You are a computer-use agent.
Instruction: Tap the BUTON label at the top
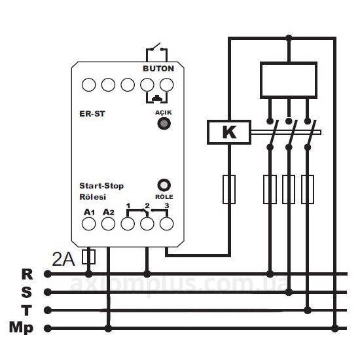coord(158,69)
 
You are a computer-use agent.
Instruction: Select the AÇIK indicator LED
coord(164,124)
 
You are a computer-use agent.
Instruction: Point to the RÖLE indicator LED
coord(164,185)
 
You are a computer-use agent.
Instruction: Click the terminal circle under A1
coord(88,224)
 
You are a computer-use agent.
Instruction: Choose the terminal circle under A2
coord(108,224)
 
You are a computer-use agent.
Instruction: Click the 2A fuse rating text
coord(63,259)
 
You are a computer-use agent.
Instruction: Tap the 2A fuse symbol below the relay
coord(88,257)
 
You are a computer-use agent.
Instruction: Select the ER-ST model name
coord(92,114)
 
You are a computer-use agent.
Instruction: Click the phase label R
coord(27,274)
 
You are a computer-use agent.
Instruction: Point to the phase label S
coord(27,292)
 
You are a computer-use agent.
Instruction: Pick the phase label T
coord(27,310)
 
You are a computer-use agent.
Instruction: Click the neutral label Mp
coord(22,328)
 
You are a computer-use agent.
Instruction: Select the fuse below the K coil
coord(229,189)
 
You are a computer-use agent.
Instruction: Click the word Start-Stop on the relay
coord(101,185)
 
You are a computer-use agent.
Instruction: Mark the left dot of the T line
coord(48,310)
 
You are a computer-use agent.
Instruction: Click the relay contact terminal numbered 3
coord(166,224)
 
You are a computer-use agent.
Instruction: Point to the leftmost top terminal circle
coord(88,84)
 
